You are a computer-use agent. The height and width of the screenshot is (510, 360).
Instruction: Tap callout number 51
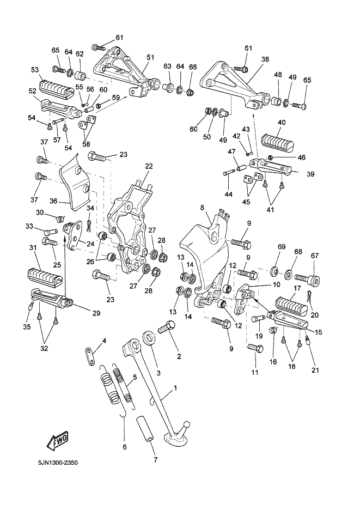tap(150, 57)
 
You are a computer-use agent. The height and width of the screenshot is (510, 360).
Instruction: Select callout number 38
tap(265, 60)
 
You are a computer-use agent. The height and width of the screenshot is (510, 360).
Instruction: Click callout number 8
tap(202, 208)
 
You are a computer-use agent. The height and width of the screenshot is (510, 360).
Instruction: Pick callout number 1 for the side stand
tap(175, 390)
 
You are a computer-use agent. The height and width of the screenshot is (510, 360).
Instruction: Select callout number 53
tap(35, 70)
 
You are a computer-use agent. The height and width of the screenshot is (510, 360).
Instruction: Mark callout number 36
tap(54, 201)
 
